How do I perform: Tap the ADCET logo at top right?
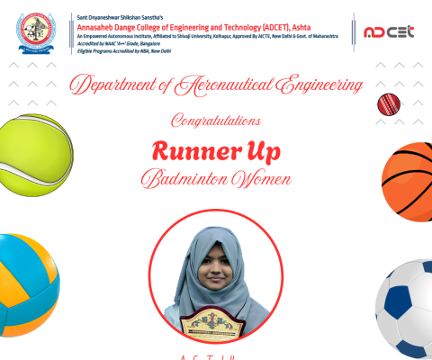point(388,32)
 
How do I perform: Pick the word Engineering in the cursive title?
point(315,86)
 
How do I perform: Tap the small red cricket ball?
point(388,103)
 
